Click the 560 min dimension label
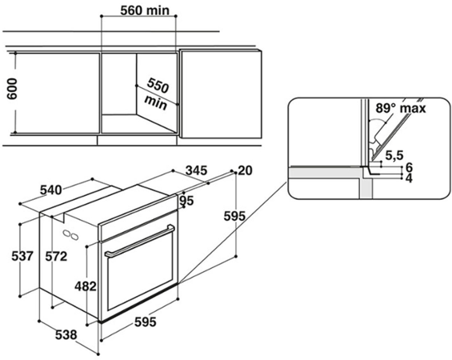(x=145, y=10)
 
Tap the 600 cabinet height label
(x=12, y=89)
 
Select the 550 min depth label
(x=157, y=94)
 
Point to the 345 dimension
(x=196, y=170)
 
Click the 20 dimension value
(x=246, y=170)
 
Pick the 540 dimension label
(x=50, y=190)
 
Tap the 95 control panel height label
(x=186, y=201)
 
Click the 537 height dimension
(x=22, y=256)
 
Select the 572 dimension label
(x=56, y=256)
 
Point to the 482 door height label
(x=86, y=286)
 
